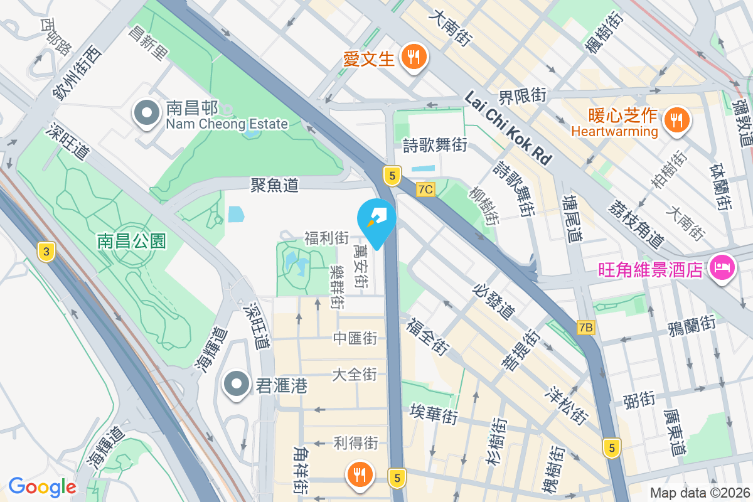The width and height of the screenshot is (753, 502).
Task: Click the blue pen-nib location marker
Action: [376, 220]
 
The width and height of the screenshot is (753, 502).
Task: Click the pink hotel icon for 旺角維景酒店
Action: [722, 268]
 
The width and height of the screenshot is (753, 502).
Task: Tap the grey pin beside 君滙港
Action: [237, 384]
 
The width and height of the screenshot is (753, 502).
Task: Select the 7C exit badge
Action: [425, 189]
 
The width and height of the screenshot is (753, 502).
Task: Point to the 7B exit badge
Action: [586, 328]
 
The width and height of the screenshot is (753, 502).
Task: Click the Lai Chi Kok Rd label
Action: [508, 129]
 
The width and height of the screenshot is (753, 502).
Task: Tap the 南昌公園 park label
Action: [131, 240]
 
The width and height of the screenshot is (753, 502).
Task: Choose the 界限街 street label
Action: [522, 96]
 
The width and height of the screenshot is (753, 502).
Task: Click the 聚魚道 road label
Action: [274, 184]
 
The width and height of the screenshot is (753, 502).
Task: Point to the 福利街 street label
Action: [326, 238]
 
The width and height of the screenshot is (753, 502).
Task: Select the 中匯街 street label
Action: [355, 339]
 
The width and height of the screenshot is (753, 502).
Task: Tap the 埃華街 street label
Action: [434, 414]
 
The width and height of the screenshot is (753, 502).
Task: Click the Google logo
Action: [42, 486]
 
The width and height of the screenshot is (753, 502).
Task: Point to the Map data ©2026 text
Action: [699, 493]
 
